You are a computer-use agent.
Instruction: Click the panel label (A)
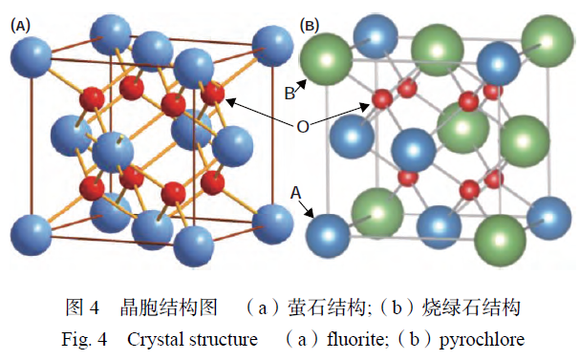(18, 26)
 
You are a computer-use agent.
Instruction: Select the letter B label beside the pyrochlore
(290, 93)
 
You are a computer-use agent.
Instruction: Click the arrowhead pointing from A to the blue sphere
(312, 217)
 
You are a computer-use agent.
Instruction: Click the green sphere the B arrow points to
(323, 59)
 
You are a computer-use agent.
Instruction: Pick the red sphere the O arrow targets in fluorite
(213, 94)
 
